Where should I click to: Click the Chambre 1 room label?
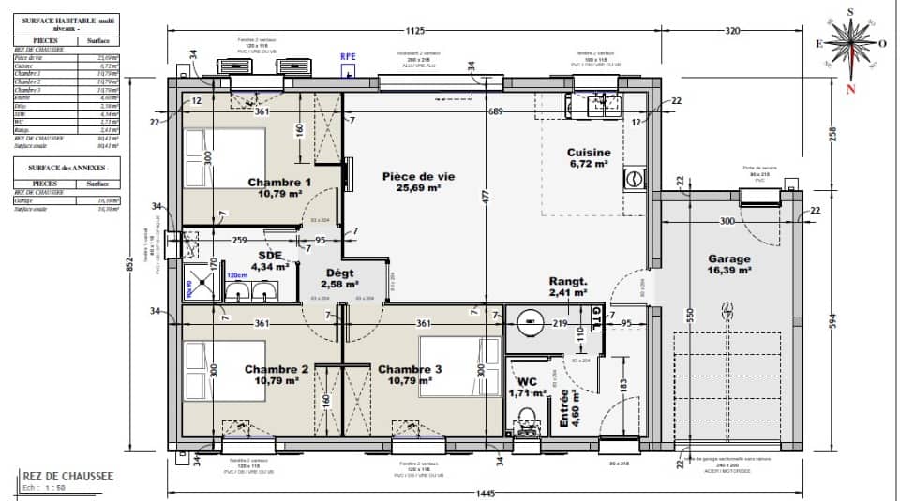pos(279,188)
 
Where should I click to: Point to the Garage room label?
pos(729,265)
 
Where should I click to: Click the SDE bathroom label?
pos(270,261)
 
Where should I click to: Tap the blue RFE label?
pos(348,56)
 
